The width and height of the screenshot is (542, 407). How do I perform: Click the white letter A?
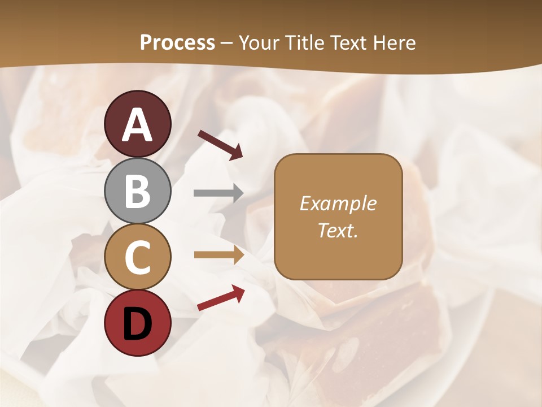tap(138, 125)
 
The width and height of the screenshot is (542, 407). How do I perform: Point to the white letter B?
tap(138, 192)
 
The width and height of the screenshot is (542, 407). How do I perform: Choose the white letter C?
tap(138, 258)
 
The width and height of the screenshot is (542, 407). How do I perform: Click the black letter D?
tap(138, 324)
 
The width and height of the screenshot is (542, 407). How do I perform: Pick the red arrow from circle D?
tap(221, 298)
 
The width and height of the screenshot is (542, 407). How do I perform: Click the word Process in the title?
tap(177, 43)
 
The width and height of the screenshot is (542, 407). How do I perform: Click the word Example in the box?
tap(338, 203)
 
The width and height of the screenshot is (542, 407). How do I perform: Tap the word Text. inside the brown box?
tap(338, 230)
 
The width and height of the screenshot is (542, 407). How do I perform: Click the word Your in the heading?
tap(260, 43)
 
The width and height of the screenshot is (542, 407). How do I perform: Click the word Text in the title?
tap(348, 43)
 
